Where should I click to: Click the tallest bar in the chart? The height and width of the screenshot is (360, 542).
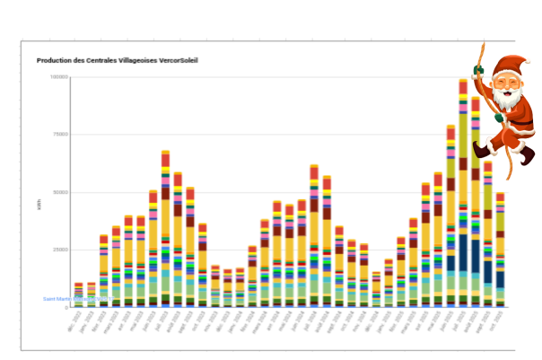(x=463, y=198)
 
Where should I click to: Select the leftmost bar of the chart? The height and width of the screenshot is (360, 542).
(x=79, y=296)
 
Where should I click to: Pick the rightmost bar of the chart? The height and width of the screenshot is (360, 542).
(x=500, y=251)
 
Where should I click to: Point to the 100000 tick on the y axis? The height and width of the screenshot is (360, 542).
(x=58, y=77)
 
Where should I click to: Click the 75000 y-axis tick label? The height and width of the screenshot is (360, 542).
(x=59, y=135)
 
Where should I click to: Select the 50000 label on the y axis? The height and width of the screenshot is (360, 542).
(x=59, y=192)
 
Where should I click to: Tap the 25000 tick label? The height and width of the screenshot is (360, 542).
(x=59, y=250)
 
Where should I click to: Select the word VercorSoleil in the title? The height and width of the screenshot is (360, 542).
(x=178, y=61)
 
